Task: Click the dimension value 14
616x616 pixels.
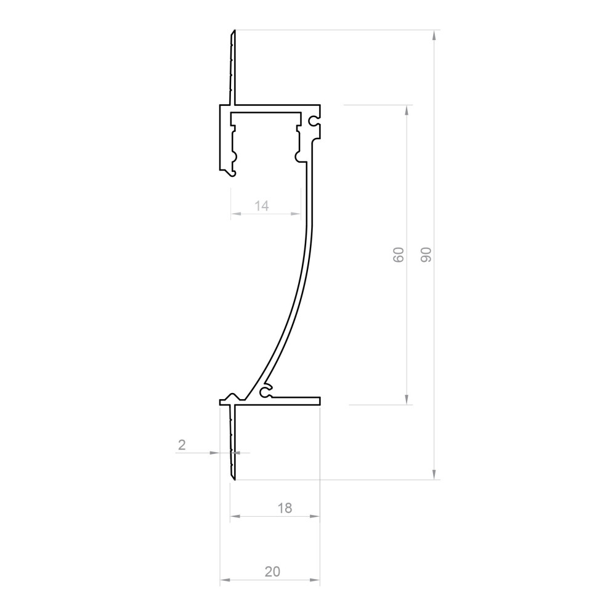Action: point(262,206)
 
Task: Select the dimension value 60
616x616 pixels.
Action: point(399,254)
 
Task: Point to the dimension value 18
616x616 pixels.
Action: point(284,508)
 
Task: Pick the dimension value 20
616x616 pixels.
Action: point(272,572)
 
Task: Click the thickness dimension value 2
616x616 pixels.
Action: point(182,445)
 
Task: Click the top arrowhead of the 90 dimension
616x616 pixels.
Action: point(436,35)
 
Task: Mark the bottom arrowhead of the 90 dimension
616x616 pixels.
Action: point(436,474)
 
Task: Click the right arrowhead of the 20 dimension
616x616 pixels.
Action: point(316,580)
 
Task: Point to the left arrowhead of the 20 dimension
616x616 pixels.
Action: point(224,580)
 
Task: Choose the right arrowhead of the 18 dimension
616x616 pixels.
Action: point(316,517)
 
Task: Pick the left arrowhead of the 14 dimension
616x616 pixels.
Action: point(235,214)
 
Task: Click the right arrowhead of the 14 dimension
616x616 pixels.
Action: point(297,214)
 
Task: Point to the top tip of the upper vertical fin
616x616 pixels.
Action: point(234,31)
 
